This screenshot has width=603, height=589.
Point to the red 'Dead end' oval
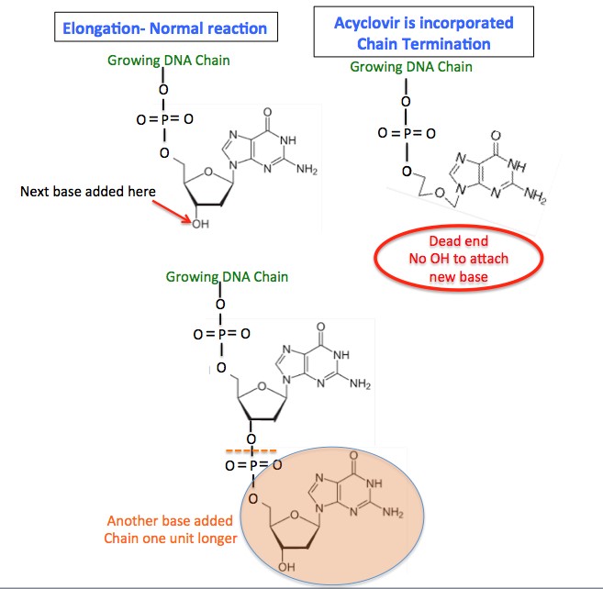point(456,260)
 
